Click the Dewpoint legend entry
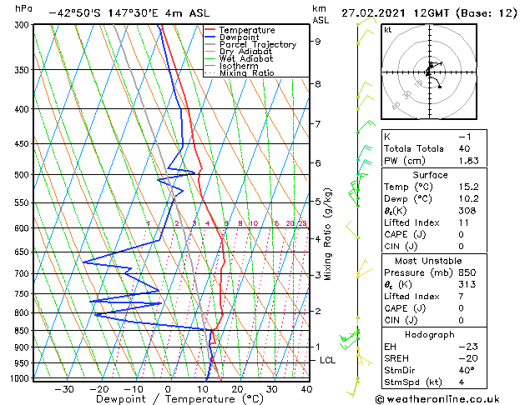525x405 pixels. click(237, 37)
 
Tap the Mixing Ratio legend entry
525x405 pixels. click(247, 72)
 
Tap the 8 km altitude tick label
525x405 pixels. click(317, 84)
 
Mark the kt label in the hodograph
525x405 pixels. click(387, 29)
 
